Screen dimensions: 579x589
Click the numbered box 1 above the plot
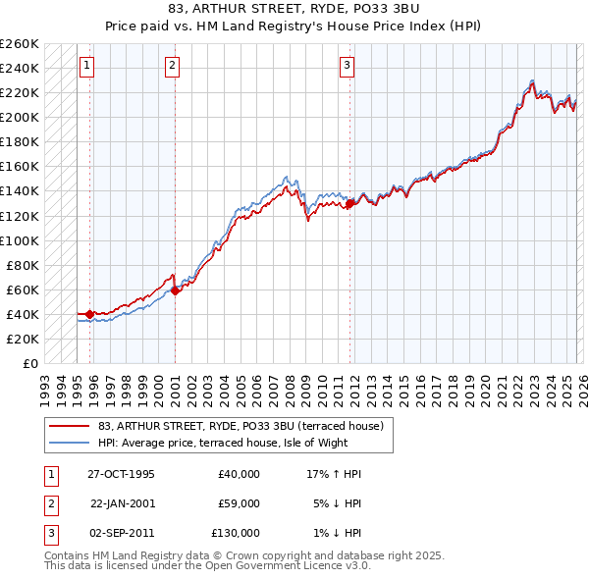87,66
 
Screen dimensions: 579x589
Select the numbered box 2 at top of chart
172,66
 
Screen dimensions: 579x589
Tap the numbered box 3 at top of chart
347,66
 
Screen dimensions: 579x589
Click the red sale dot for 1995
90,314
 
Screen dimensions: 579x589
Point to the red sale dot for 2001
175,290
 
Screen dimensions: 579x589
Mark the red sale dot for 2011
349,203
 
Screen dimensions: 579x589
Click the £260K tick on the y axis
20,44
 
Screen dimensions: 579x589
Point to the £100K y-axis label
20,240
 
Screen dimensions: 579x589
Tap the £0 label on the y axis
29,363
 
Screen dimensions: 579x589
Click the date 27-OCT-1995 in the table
120,474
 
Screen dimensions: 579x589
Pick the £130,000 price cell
236,533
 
